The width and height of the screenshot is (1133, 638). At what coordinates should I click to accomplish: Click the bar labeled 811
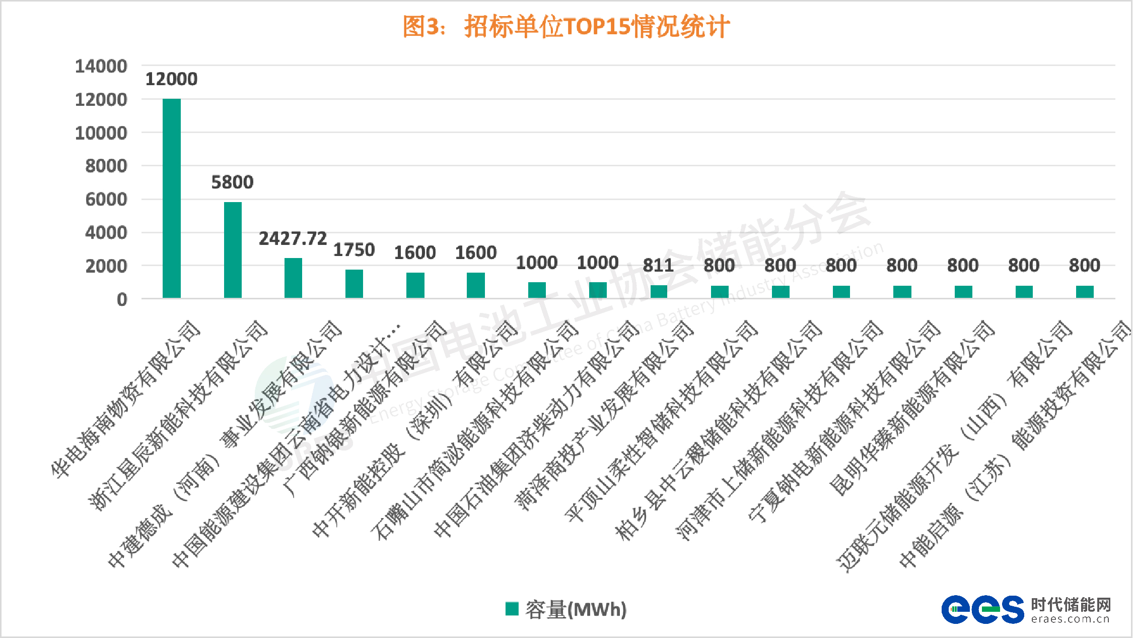coord(659,292)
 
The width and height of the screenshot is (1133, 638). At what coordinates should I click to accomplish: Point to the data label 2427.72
coord(293,238)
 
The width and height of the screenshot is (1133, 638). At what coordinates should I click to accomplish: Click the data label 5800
coord(232,182)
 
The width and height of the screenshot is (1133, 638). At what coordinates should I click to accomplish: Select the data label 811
coord(658,266)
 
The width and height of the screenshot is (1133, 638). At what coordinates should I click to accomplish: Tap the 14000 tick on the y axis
coord(101,66)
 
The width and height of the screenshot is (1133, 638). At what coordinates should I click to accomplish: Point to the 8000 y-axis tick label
coord(106,166)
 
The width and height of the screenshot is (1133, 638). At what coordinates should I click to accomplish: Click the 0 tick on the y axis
coord(122,299)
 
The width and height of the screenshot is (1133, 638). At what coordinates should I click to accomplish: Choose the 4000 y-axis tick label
coord(106,233)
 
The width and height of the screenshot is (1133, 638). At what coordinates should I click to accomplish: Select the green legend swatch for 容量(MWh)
coord(512,609)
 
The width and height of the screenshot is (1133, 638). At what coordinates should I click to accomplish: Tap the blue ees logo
coord(982,610)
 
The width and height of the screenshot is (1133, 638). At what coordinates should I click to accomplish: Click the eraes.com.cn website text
coord(1070,619)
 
